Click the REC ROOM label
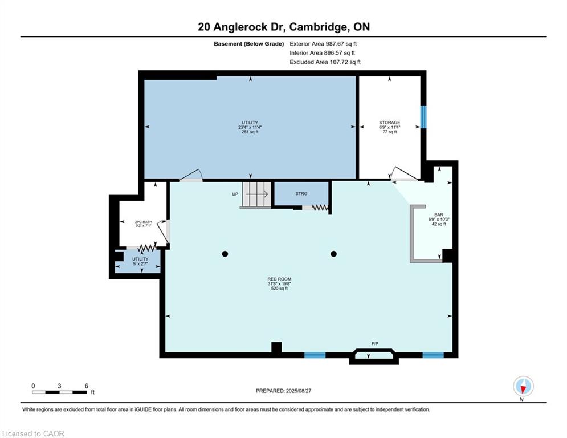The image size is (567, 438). click(x=279, y=279)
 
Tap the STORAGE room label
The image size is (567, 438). click(x=389, y=123)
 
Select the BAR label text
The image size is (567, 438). click(x=439, y=214)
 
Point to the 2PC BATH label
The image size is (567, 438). click(x=144, y=222)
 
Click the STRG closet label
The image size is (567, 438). click(x=301, y=194)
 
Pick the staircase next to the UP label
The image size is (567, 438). click(x=256, y=194)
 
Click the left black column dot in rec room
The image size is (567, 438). click(x=225, y=254)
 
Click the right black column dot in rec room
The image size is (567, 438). click(x=334, y=254)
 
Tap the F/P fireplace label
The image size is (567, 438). click(x=374, y=343)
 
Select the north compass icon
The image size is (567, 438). click(x=523, y=386)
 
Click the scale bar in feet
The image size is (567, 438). click(x=59, y=392)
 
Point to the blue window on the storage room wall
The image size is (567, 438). click(x=423, y=116)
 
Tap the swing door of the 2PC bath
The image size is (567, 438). click(x=163, y=231)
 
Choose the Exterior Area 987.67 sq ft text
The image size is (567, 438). click(x=323, y=44)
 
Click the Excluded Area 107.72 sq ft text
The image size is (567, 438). click(x=325, y=62)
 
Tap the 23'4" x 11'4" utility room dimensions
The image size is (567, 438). click(x=250, y=127)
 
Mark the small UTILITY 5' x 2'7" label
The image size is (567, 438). click(x=140, y=261)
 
